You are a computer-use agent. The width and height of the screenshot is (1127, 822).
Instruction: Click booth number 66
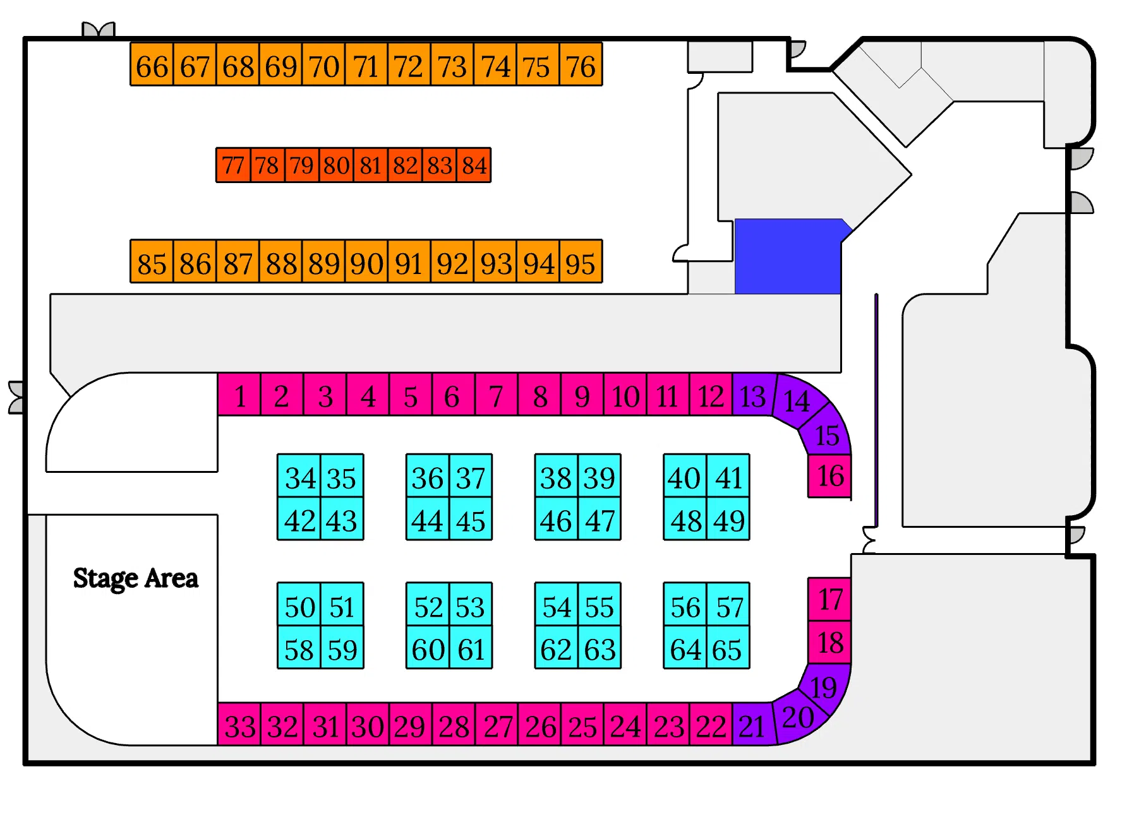[x=152, y=65]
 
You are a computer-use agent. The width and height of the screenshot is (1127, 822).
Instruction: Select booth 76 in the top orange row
[x=581, y=65]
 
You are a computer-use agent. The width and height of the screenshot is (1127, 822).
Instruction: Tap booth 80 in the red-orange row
[x=336, y=165]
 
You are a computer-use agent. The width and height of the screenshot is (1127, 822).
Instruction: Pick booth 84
[x=474, y=165]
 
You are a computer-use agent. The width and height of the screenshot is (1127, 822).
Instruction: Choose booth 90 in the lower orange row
[x=366, y=262]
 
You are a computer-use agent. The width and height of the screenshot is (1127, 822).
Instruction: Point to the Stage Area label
[x=135, y=578]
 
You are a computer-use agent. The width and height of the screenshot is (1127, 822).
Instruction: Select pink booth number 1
[x=239, y=395]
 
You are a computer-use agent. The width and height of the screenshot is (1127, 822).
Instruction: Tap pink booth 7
[x=497, y=395]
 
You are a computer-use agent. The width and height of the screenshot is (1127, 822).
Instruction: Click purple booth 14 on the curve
[x=797, y=400]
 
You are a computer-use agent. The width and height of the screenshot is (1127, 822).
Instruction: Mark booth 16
[x=829, y=476]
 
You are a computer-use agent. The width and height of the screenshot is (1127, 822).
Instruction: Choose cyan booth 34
[x=299, y=477]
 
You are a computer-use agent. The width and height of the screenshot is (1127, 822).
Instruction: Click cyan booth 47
[x=600, y=520]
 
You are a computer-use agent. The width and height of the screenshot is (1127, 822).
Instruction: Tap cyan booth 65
[x=727, y=648]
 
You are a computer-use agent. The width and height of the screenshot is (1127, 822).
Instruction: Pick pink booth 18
[x=829, y=643]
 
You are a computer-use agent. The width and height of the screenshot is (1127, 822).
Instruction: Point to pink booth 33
[x=239, y=725]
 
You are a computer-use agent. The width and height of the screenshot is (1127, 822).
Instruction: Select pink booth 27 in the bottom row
[x=497, y=725]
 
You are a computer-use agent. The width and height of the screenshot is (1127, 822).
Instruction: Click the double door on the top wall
[x=99, y=30]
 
